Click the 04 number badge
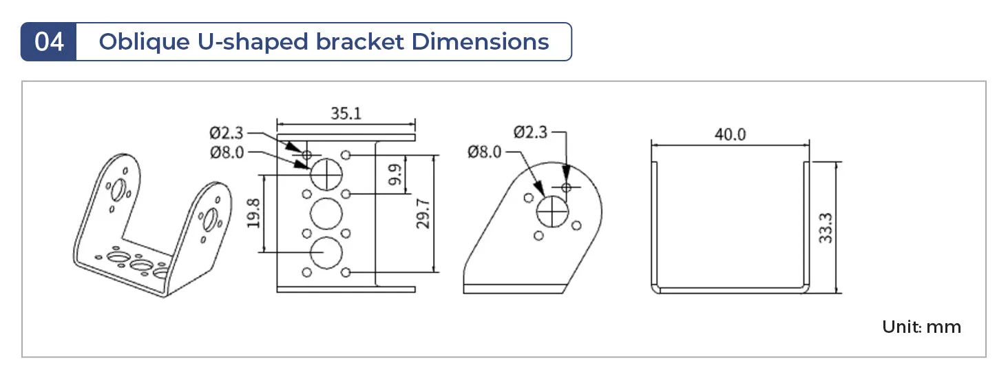pos(49,42)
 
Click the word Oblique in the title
pos(144,43)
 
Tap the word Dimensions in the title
pos(480,42)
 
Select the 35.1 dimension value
pos(346,114)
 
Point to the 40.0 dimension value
pos(730,134)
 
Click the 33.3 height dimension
pos(826,228)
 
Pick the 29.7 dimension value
pos(423,214)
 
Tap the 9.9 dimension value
pos(395,174)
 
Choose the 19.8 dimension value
pos(253,214)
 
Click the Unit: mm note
pos(921,327)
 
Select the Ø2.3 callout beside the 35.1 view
pos(226,133)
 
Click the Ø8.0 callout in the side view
pos(484,152)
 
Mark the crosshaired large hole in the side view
pos(553,212)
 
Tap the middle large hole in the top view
pos(326,214)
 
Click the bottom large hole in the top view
pos(326,253)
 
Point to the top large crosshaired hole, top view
pos(326,174)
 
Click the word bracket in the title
pos(359,42)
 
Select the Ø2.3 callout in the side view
pos(530,132)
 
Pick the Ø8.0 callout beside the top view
pos(227,152)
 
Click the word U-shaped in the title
pos(253,43)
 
